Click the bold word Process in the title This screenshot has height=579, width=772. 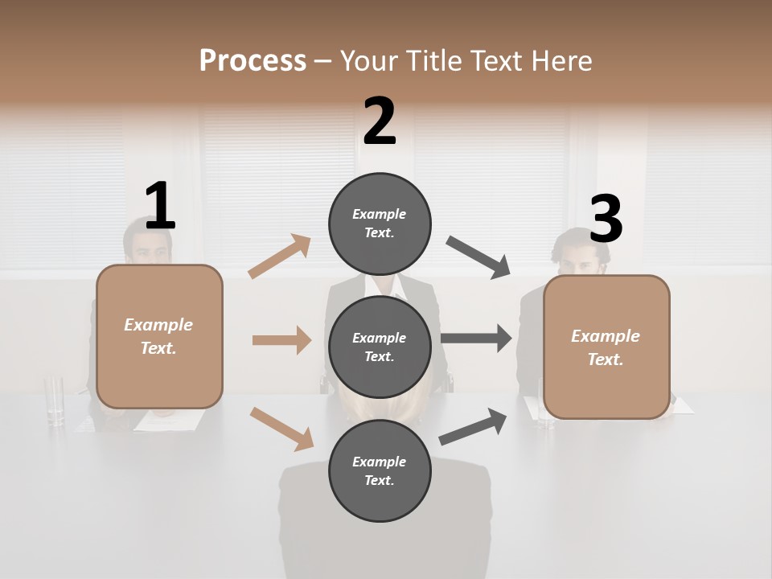click(x=253, y=60)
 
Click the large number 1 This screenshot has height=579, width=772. click(x=160, y=206)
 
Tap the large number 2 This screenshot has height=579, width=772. click(x=380, y=121)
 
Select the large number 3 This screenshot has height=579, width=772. click(x=606, y=220)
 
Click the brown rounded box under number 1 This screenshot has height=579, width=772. click(x=159, y=336)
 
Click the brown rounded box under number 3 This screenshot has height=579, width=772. click(x=606, y=347)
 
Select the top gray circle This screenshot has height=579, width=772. click(x=380, y=224)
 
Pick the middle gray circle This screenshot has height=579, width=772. click(x=380, y=347)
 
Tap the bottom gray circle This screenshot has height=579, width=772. click(x=380, y=470)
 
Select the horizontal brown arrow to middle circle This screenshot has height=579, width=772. click(x=281, y=340)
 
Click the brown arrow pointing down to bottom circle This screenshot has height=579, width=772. click(x=281, y=429)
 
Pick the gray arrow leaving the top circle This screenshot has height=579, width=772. click(x=478, y=257)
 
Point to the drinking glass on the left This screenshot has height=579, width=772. click(x=55, y=400)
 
